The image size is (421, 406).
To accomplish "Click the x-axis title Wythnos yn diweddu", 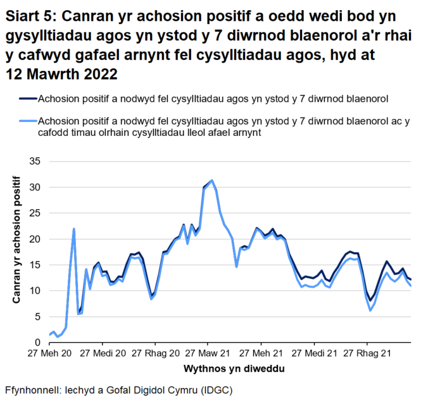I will pos(223,367).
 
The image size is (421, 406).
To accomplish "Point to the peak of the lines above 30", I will pos(211,180).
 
